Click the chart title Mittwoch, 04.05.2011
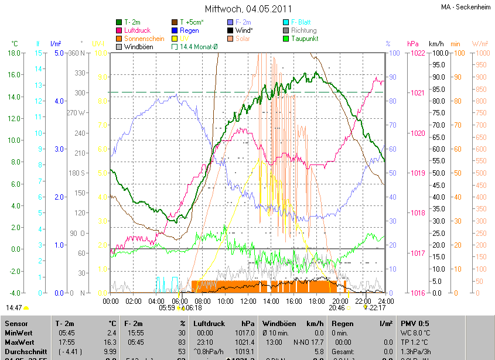247,9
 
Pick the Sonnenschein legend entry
144,38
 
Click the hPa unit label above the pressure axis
413,44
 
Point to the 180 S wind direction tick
77,173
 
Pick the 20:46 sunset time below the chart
337,307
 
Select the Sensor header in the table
16,323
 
